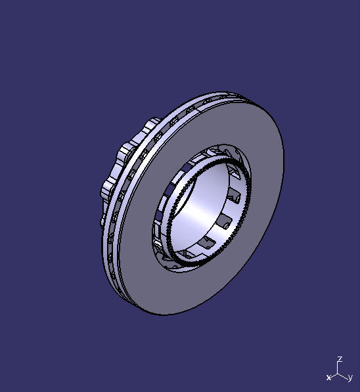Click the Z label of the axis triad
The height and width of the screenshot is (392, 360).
(x=340, y=360)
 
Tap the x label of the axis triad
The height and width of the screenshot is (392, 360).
(x=328, y=378)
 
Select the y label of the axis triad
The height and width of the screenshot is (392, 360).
(x=350, y=378)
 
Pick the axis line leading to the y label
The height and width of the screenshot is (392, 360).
(x=344, y=376)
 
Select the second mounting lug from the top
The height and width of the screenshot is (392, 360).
(x=124, y=154)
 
